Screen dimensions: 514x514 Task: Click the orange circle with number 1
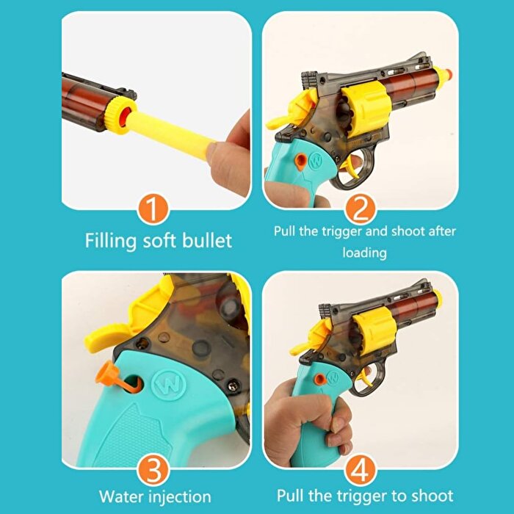point(153,209)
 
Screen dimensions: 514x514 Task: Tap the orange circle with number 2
point(361,209)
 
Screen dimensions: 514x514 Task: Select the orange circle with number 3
point(153,468)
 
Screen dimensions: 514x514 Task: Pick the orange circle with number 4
point(361,468)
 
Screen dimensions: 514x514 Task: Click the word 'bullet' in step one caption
point(207,240)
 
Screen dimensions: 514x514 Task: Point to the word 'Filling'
point(111,242)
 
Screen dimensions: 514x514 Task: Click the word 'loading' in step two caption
point(364,253)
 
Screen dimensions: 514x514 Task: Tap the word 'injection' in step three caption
point(183,497)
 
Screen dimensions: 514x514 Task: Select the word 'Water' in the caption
point(125,496)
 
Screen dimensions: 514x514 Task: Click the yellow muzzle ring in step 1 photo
point(119,115)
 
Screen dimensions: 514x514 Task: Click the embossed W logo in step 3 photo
point(169,384)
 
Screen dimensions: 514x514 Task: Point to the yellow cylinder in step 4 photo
point(373,331)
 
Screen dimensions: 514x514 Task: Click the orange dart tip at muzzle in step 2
point(448,73)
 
